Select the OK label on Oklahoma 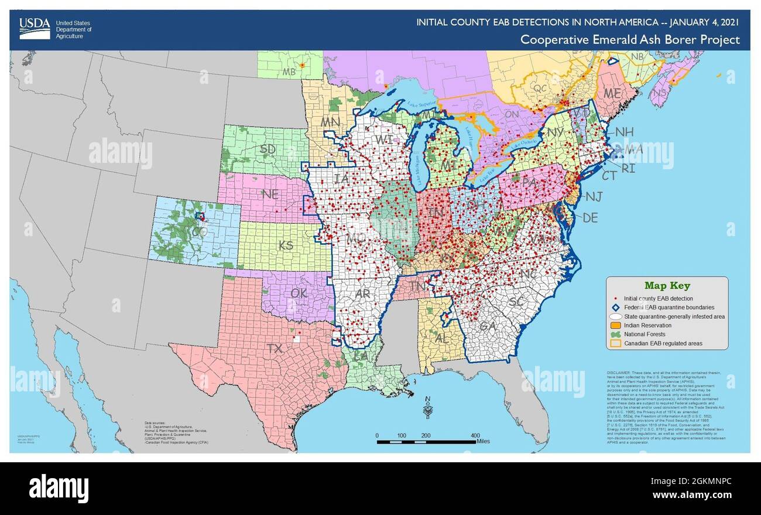tap(299, 293)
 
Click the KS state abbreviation tap(286, 245)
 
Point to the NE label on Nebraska tap(270, 195)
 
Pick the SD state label tap(268, 149)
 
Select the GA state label tap(485, 327)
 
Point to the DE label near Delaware tap(590, 218)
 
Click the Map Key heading tap(667, 286)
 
